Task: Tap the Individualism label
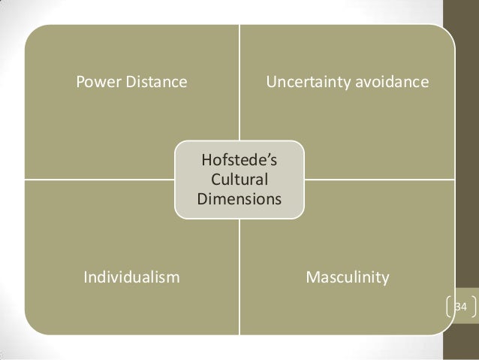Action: tap(131, 278)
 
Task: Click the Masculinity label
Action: tap(347, 278)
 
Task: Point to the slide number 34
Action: tap(462, 307)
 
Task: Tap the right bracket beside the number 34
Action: tap(474, 307)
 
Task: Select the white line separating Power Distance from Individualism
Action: tap(98, 180)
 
